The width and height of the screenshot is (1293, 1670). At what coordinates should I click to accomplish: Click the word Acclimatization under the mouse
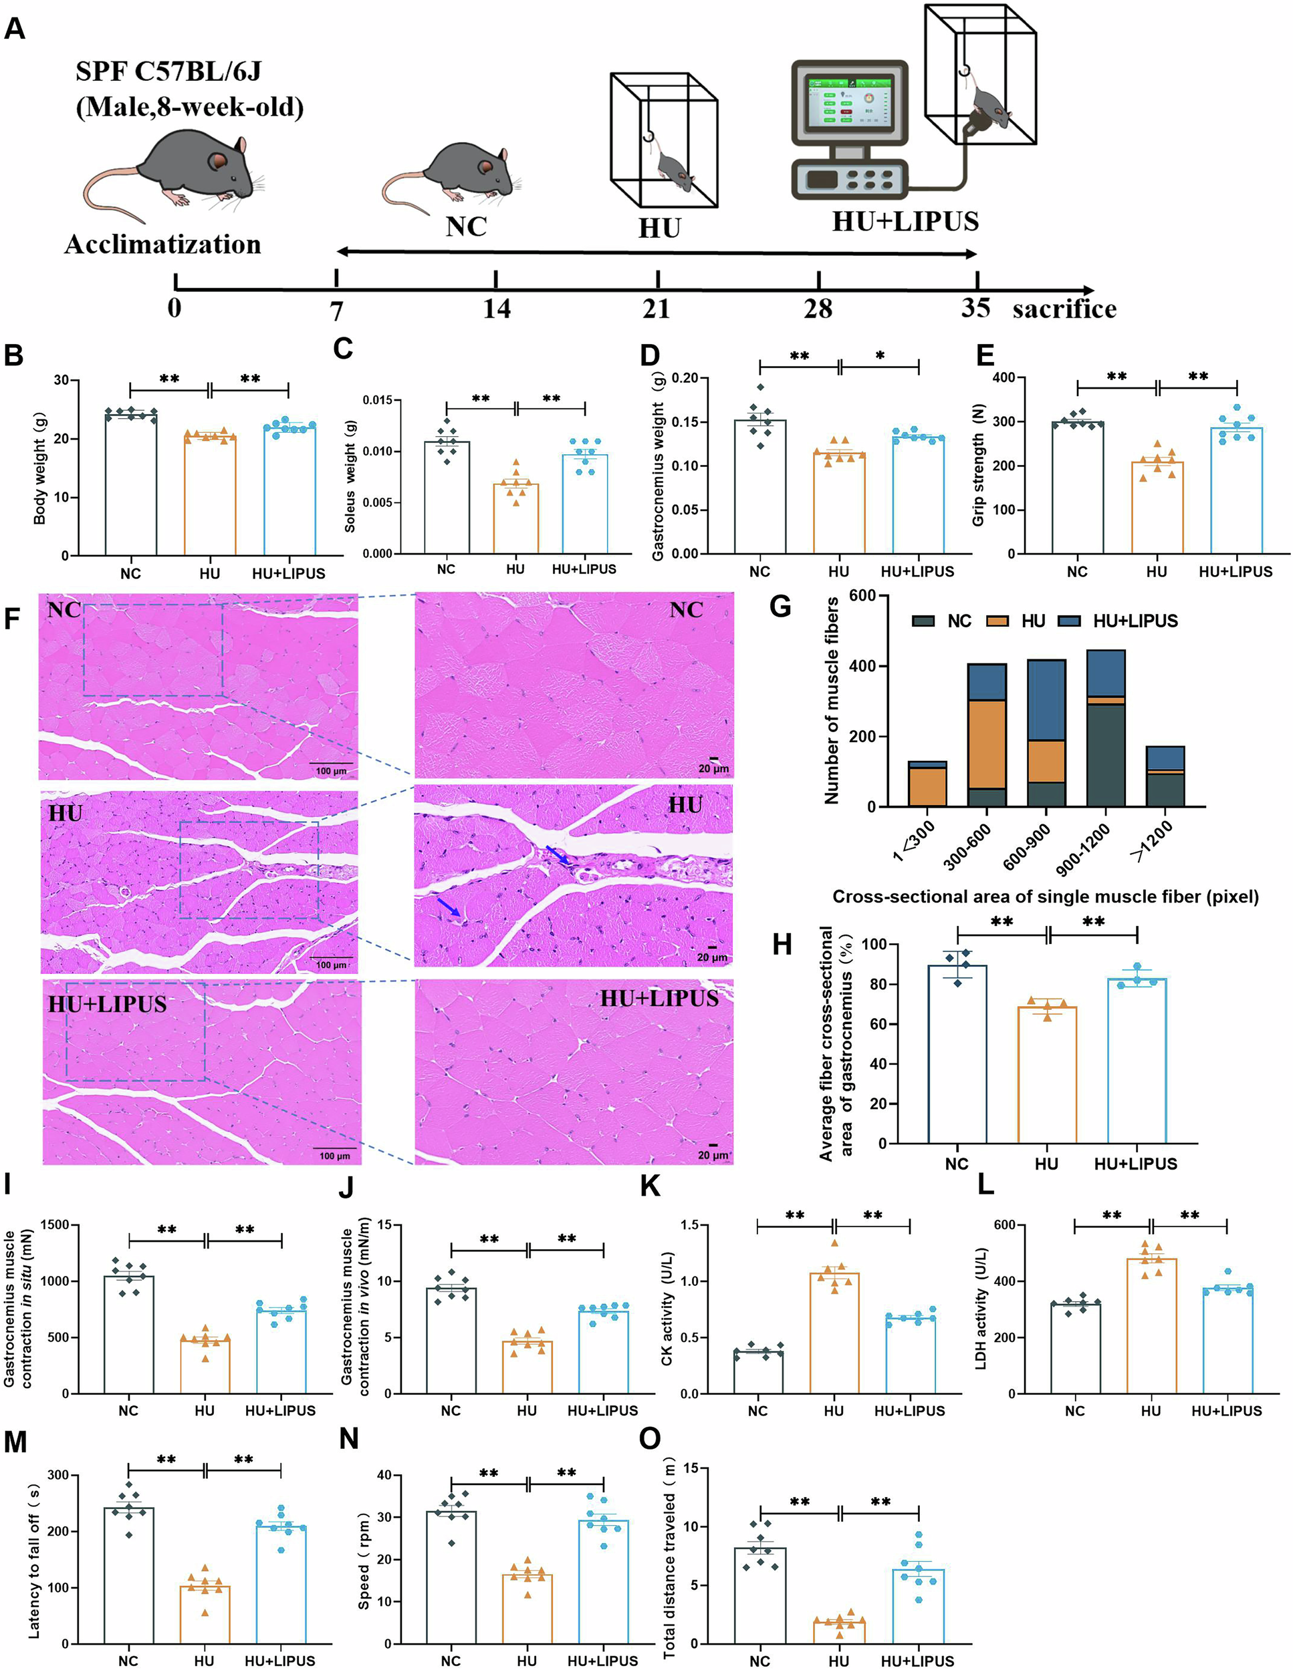click(x=162, y=244)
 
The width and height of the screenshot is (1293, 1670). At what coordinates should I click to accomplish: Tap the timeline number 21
click(x=657, y=309)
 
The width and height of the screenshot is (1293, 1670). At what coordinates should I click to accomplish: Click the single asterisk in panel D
click(x=880, y=356)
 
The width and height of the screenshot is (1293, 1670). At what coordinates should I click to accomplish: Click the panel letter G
click(x=780, y=608)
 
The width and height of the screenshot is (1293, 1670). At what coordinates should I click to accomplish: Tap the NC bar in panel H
click(x=957, y=1055)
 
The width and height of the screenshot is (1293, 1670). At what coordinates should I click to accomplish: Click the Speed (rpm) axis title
click(x=365, y=1560)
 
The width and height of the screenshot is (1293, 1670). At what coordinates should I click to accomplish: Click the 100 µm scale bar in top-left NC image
click(x=332, y=764)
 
